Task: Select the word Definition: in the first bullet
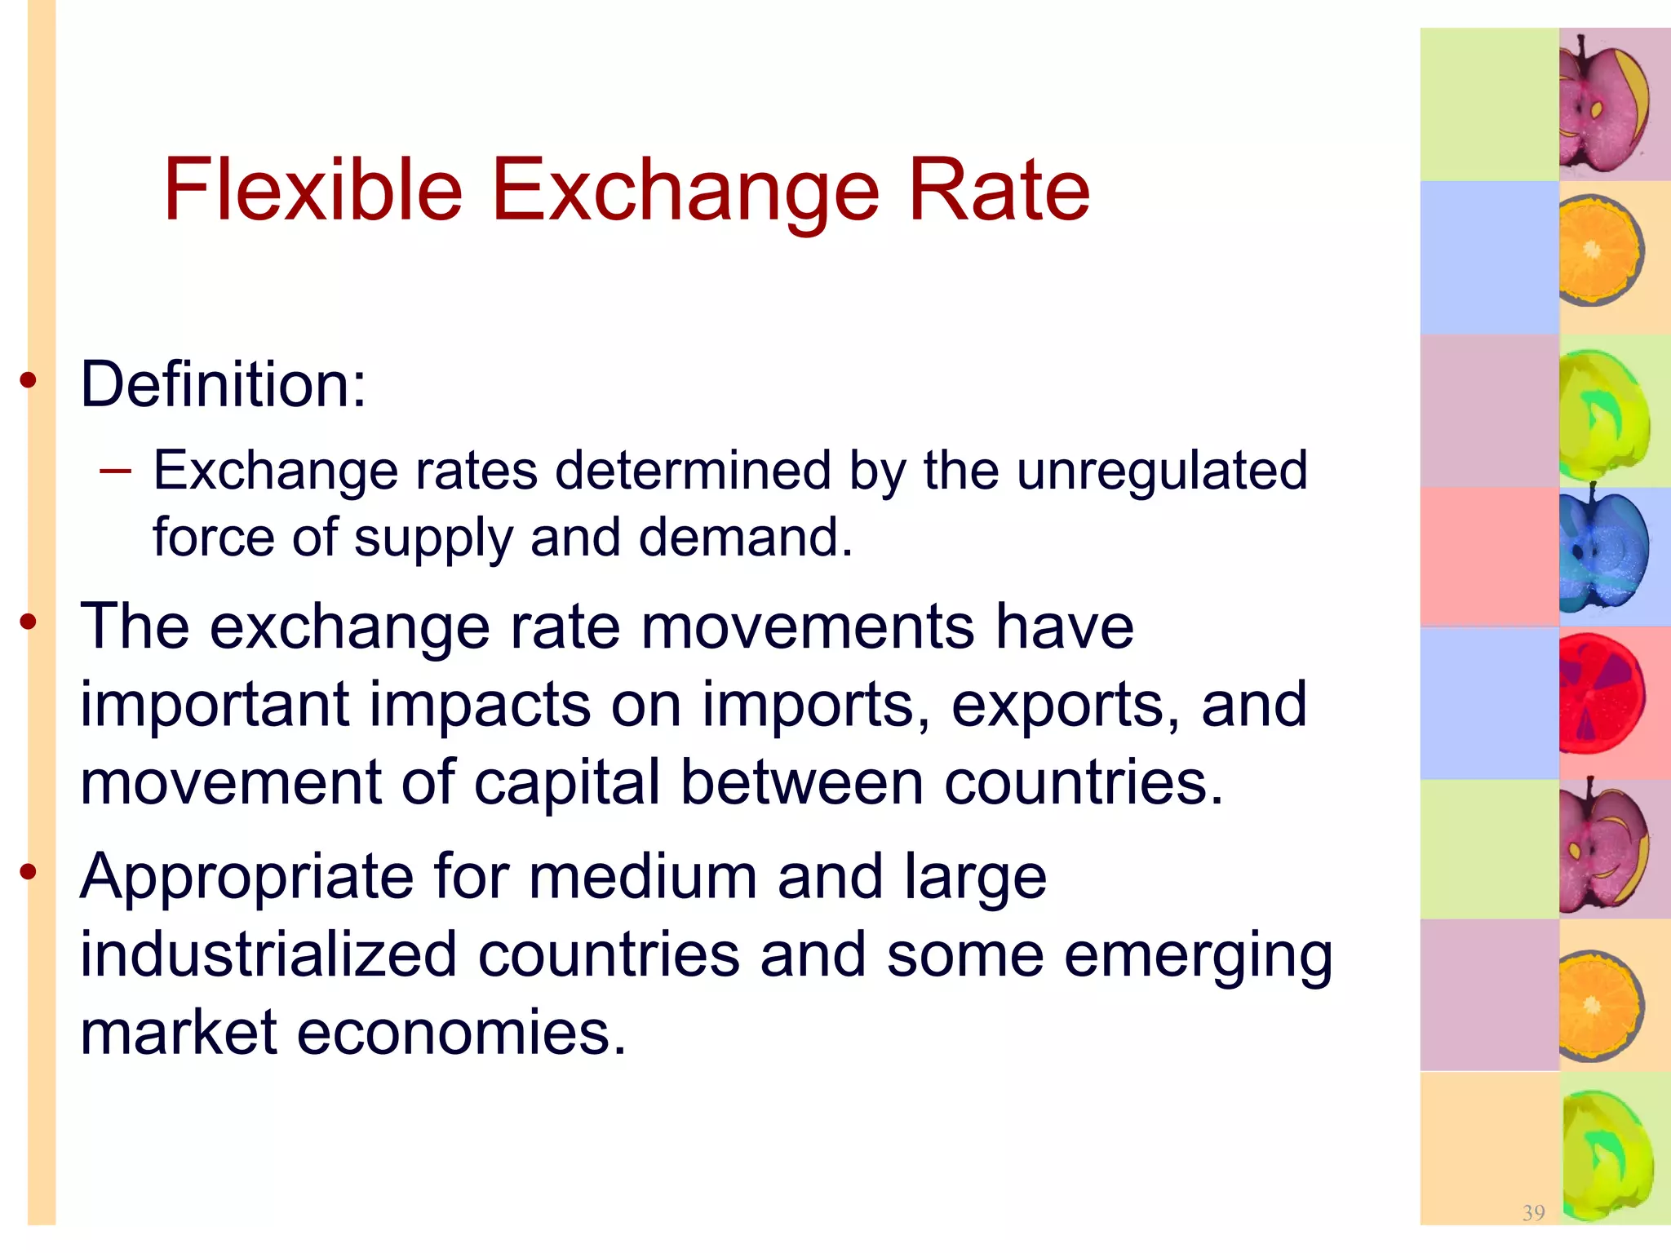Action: click(x=224, y=384)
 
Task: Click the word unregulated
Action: click(x=1162, y=471)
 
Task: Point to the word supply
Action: click(x=433, y=539)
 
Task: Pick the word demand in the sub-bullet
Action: click(x=744, y=538)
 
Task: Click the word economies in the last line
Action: click(x=461, y=1033)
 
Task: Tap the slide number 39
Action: click(x=1533, y=1212)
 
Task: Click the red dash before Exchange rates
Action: click(x=114, y=471)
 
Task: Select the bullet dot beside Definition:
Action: click(x=29, y=380)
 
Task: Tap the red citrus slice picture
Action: click(x=1601, y=693)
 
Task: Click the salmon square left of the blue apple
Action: click(x=1489, y=557)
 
